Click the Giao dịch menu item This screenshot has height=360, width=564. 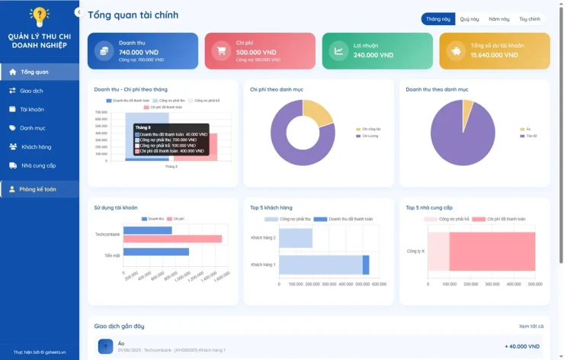click(x=31, y=91)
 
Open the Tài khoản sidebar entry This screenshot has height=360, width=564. click(x=31, y=109)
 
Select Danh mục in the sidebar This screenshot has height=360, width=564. click(x=32, y=128)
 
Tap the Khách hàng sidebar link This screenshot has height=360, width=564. click(x=36, y=146)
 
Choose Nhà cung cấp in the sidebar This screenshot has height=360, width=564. click(x=38, y=165)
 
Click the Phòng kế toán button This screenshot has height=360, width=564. click(x=38, y=189)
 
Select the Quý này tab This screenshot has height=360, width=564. click(x=469, y=19)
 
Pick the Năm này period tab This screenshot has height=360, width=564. click(x=499, y=19)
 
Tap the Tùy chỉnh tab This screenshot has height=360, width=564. click(x=530, y=19)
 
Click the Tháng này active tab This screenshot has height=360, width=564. click(x=438, y=19)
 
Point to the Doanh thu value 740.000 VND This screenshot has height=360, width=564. click(x=139, y=52)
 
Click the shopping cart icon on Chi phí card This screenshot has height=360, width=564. click(x=222, y=51)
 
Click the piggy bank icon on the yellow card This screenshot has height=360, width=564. click(x=457, y=51)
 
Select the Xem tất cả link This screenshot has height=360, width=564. click(x=531, y=326)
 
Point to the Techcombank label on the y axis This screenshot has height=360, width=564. click(x=107, y=234)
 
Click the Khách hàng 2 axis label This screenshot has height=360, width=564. click(x=263, y=238)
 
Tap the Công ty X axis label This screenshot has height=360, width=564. click(x=415, y=250)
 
